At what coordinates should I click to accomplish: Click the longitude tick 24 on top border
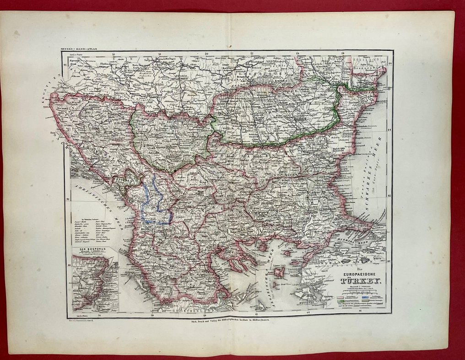click(298, 53)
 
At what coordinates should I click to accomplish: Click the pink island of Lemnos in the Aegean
click(279, 272)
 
